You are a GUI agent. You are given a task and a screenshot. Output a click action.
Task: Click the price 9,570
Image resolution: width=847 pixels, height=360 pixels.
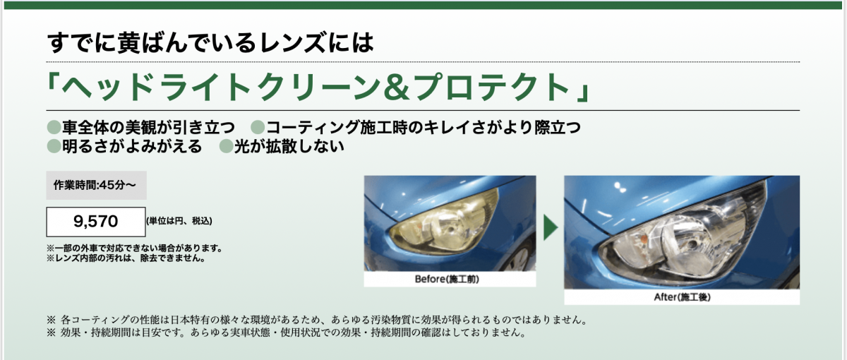tap(96, 221)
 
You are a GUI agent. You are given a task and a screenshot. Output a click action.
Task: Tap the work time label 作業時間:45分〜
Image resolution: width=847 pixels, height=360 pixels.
tap(95, 185)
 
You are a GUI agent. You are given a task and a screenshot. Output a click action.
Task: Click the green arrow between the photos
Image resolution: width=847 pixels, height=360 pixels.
tap(551, 227)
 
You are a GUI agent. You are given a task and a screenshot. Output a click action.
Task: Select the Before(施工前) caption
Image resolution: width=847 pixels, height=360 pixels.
tap(447, 279)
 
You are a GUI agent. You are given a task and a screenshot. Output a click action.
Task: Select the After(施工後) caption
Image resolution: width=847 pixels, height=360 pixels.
tap(682, 297)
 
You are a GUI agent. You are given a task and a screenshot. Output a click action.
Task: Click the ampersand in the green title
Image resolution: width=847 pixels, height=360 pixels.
tap(396, 88)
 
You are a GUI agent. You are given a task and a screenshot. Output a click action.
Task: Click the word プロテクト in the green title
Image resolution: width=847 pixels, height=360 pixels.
tap(491, 88)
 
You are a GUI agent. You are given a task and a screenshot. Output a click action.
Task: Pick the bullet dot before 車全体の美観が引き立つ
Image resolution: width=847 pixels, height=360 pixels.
tap(54, 127)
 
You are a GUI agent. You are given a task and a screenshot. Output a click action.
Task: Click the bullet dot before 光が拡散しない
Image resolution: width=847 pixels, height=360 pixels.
tap(226, 146)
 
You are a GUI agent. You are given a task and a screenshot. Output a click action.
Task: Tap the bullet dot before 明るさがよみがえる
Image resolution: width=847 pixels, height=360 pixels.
tap(54, 146)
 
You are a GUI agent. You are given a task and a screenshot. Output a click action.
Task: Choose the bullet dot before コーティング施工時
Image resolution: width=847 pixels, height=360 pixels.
tap(258, 127)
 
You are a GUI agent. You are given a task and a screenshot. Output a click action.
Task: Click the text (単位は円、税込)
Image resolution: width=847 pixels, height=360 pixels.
tap(179, 221)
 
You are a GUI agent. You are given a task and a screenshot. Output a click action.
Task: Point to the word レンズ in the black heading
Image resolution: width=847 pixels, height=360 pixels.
tap(292, 42)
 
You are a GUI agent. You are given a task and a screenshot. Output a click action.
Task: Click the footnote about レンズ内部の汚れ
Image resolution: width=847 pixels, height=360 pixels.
tap(126, 258)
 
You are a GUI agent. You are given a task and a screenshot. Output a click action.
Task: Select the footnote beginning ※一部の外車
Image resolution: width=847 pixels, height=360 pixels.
tap(134, 248)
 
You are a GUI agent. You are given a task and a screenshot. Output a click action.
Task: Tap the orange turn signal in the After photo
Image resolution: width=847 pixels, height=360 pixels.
tap(642, 239)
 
